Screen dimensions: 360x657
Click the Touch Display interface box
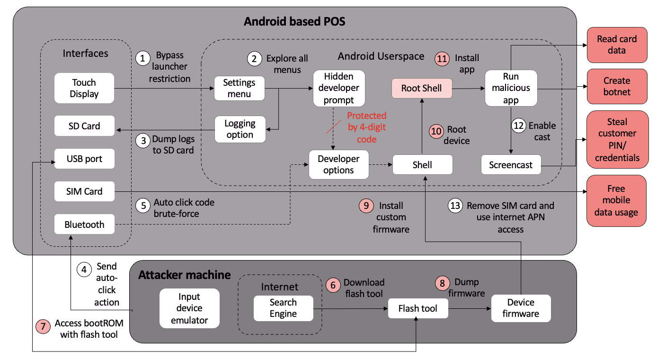point(84,88)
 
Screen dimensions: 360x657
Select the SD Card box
point(84,126)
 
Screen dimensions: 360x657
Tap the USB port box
point(84,159)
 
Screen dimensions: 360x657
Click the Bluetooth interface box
point(84,225)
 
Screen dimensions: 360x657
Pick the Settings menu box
point(239,88)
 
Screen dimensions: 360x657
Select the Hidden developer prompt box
point(339,88)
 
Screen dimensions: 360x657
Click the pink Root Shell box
point(421,88)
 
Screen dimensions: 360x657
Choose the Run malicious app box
point(511,88)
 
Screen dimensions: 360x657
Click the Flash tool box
point(417,308)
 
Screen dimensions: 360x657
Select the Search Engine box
point(283,308)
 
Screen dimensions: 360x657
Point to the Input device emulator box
point(189,308)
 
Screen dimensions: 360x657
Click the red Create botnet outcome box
point(617,86)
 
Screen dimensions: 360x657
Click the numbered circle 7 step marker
point(43,326)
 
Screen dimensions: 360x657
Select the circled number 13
point(455,206)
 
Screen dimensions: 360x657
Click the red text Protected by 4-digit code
point(366,127)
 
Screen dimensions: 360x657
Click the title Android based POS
point(294,21)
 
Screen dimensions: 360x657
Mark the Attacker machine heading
point(185,275)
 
